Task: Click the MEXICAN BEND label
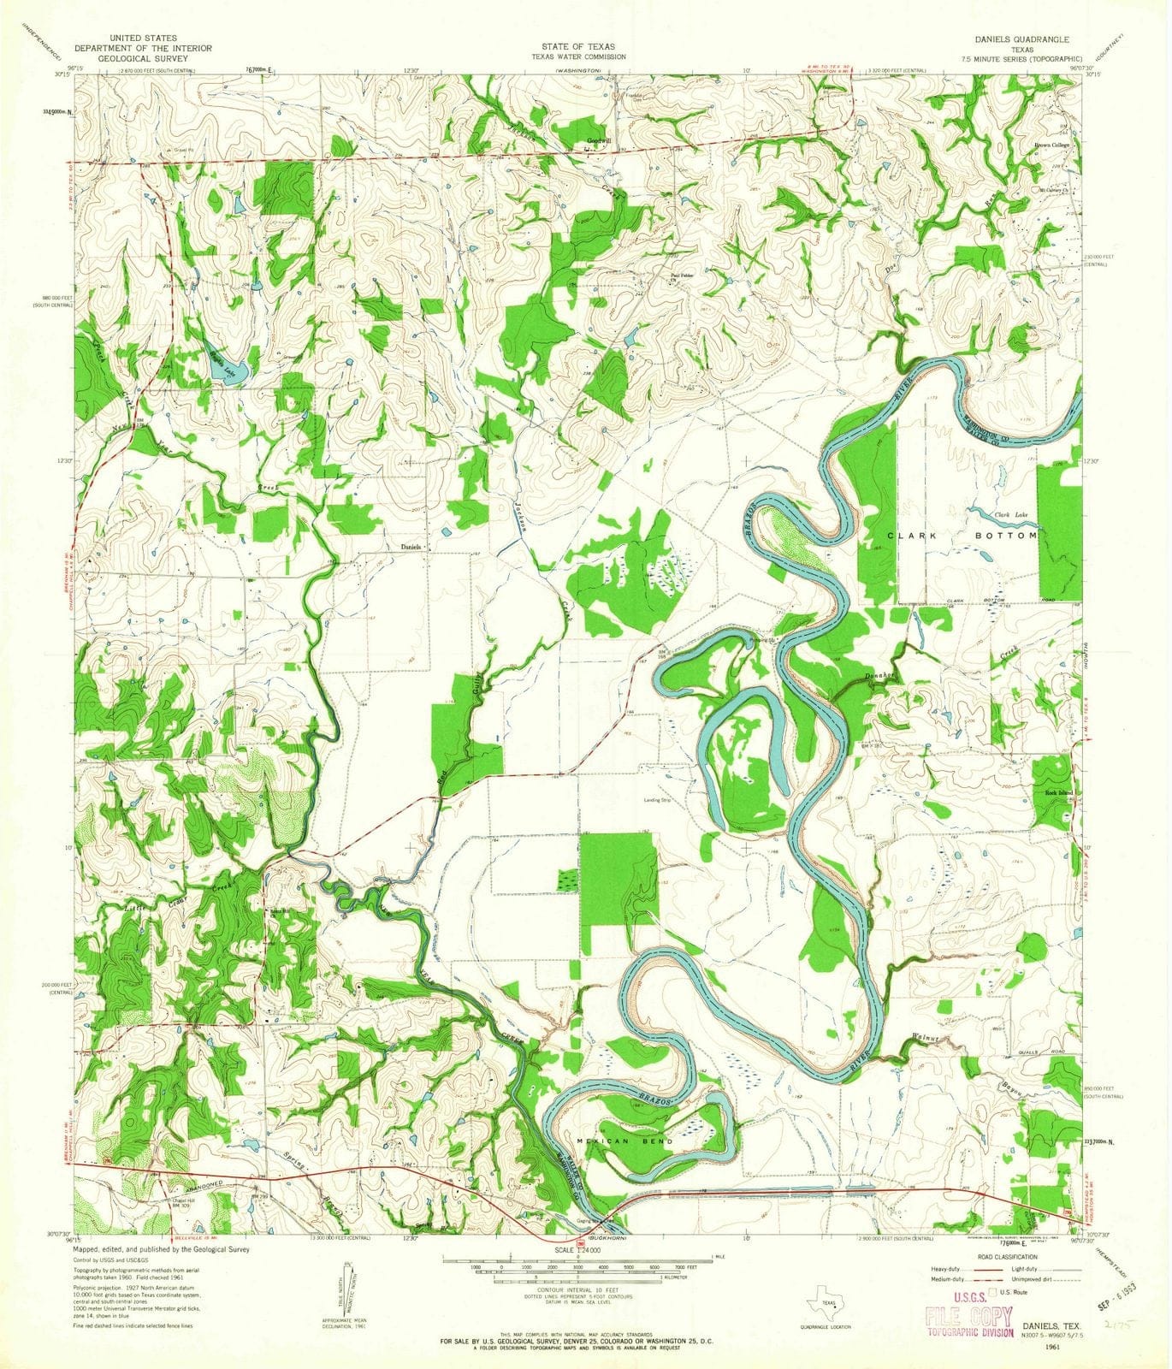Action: [625, 1141]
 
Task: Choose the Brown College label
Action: [1054, 145]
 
